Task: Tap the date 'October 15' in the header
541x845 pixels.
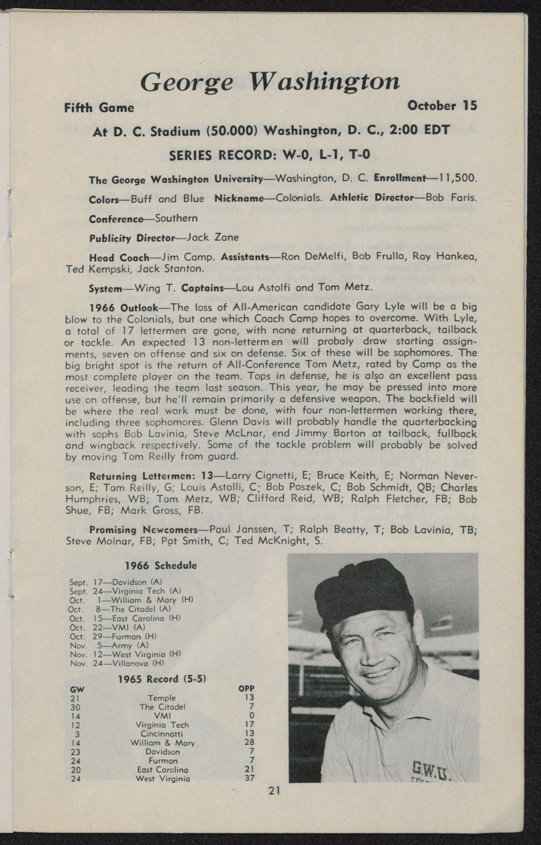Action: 442,106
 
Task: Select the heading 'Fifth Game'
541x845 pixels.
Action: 99,107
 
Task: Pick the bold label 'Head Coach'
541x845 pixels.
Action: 120,258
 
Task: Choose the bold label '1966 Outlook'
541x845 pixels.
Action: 123,308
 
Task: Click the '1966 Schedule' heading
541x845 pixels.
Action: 161,565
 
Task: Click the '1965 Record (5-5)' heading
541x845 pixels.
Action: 161,679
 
